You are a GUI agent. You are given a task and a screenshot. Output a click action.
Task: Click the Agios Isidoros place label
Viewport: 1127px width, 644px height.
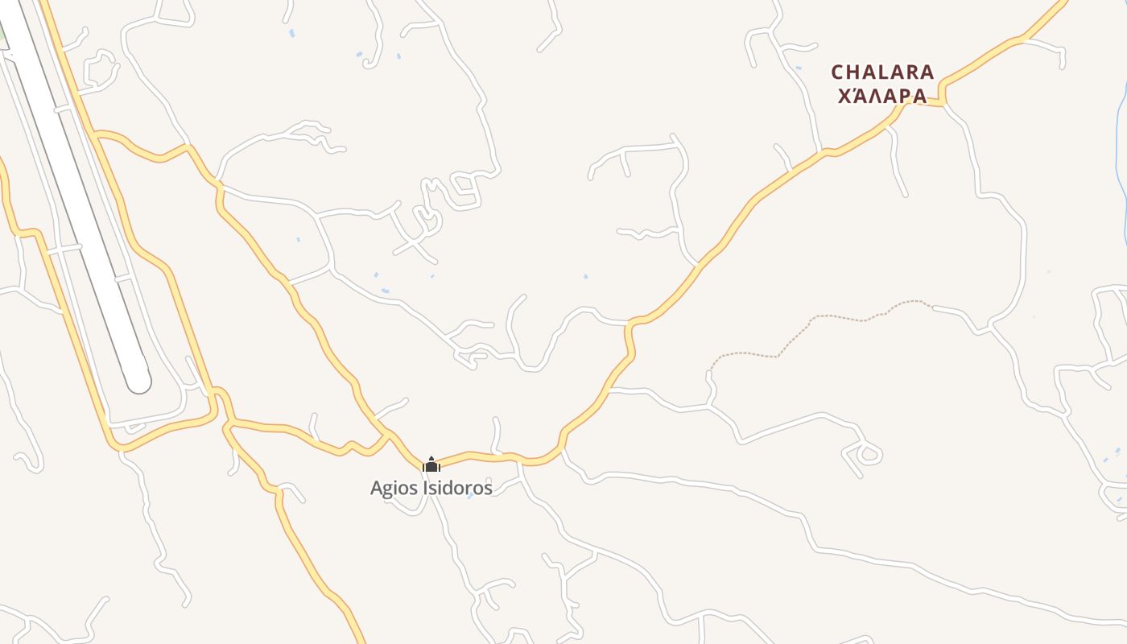(431, 488)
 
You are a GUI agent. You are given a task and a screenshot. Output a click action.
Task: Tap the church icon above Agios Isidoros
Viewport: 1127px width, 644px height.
(431, 464)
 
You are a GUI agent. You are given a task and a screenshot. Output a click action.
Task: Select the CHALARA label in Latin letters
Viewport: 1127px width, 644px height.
(882, 72)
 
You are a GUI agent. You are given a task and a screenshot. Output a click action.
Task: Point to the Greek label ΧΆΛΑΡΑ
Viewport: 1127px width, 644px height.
(882, 96)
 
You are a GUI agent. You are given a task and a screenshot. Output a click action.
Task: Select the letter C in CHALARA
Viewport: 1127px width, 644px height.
(838, 72)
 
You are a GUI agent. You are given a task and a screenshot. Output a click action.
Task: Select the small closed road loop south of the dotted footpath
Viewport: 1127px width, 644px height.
(868, 454)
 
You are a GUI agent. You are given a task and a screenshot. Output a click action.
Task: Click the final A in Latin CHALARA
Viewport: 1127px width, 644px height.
(927, 72)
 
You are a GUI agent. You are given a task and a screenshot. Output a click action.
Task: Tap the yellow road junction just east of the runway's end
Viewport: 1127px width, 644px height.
(215, 393)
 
